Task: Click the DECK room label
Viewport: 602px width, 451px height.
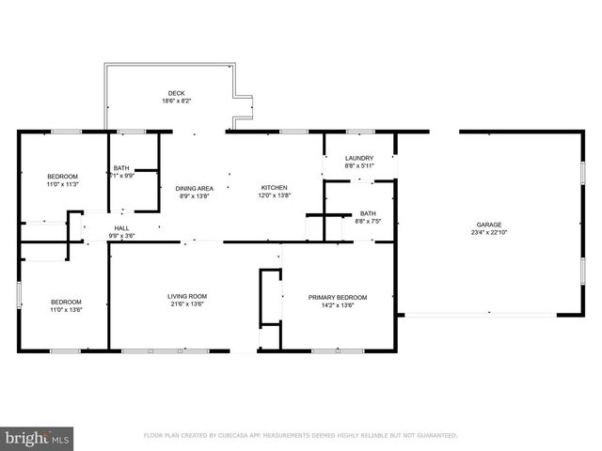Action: click(176, 93)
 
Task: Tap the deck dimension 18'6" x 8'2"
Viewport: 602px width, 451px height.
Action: click(176, 101)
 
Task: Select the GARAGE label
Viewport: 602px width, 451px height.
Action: click(488, 225)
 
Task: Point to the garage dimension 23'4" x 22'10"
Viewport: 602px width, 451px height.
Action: click(488, 232)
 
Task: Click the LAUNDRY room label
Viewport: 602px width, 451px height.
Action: click(359, 158)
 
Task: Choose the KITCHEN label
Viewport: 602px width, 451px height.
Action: click(274, 188)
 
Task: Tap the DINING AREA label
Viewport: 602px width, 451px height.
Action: click(195, 188)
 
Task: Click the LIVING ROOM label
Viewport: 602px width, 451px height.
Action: click(188, 296)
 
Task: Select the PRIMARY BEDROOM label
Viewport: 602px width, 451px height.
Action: click(338, 297)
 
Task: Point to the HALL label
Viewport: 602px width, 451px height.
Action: click(122, 228)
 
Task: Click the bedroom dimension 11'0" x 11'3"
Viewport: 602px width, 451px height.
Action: click(63, 184)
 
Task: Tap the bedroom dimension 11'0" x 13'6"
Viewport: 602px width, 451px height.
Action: click(66, 309)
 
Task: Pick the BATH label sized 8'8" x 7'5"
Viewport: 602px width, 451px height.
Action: click(368, 213)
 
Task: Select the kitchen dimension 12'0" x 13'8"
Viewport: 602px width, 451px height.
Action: click(274, 195)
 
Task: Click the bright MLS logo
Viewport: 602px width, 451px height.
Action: click(38, 438)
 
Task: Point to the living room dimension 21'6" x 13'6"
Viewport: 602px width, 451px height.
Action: click(188, 303)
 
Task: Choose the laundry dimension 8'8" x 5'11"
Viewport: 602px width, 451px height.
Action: click(359, 165)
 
